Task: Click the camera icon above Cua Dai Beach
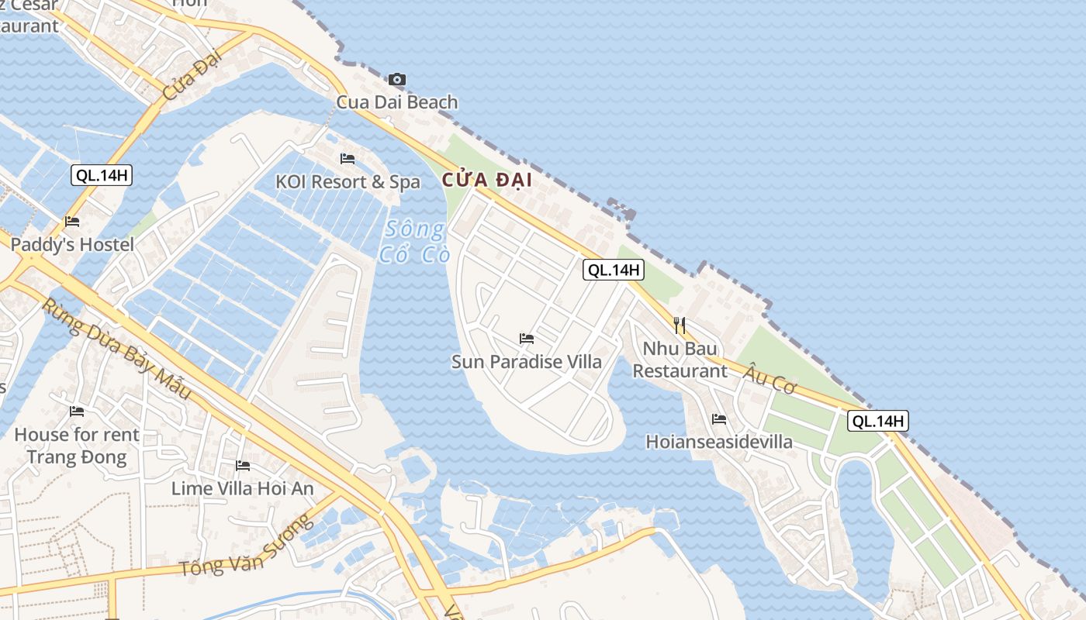pyautogui.click(x=396, y=79)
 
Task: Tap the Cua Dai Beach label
pyautogui.click(x=396, y=102)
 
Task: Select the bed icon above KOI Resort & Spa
pyautogui.click(x=348, y=159)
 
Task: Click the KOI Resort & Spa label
pyautogui.click(x=348, y=182)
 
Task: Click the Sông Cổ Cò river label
pyautogui.click(x=415, y=241)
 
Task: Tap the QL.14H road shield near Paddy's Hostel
pyautogui.click(x=102, y=175)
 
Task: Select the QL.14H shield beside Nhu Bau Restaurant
pyautogui.click(x=614, y=270)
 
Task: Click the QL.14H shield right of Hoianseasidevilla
pyautogui.click(x=878, y=422)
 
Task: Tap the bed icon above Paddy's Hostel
pyautogui.click(x=72, y=222)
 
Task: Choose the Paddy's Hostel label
pyautogui.click(x=72, y=245)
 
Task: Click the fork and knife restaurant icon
pyautogui.click(x=680, y=325)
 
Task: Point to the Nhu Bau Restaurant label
pyautogui.click(x=680, y=360)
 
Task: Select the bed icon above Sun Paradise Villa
pyautogui.click(x=527, y=339)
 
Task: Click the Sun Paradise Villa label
pyautogui.click(x=527, y=362)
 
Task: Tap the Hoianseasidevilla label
pyautogui.click(x=719, y=442)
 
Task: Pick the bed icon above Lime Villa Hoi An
pyautogui.click(x=243, y=466)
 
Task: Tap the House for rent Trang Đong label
pyautogui.click(x=77, y=446)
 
